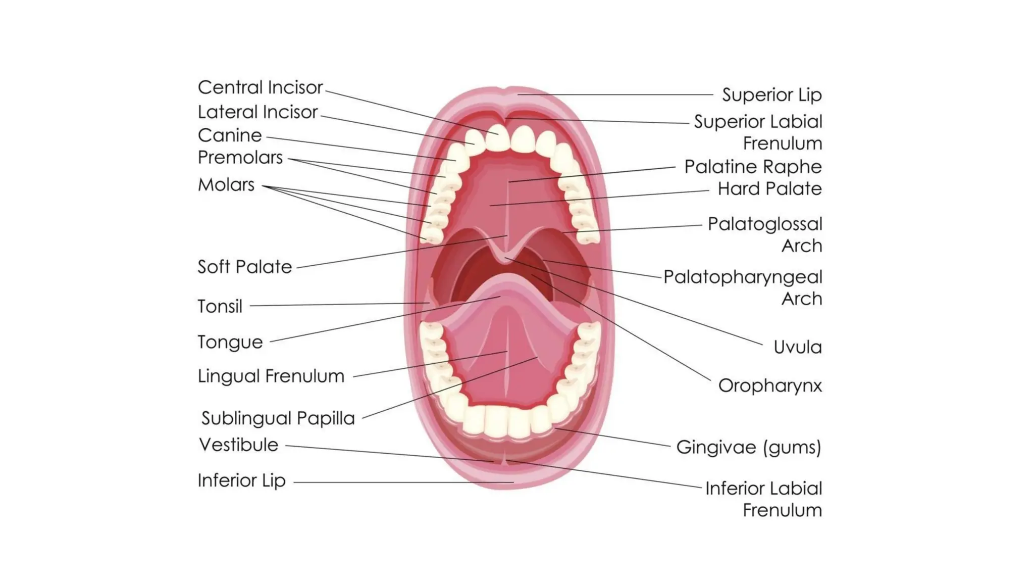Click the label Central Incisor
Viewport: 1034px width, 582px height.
pos(260,87)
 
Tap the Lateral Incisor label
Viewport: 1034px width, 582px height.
pos(257,112)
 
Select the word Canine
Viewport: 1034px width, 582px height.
pos(230,135)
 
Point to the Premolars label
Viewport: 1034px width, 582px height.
pos(240,158)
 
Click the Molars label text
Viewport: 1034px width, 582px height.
pos(226,185)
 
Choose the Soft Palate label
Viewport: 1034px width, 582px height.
pos(244,267)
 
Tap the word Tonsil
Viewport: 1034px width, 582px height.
pos(220,306)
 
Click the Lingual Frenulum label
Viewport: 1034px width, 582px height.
pos(271,376)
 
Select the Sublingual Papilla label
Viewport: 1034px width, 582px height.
pos(278,418)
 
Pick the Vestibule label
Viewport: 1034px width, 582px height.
pos(238,445)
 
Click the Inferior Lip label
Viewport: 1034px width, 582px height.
pos(241,480)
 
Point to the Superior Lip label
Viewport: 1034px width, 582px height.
pos(771,95)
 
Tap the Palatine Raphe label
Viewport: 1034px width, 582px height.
pos(753,167)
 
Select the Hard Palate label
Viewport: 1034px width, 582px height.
pos(769,189)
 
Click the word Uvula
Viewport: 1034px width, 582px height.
pos(797,347)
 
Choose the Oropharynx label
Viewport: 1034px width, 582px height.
pos(769,386)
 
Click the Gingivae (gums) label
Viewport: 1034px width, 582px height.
pos(748,447)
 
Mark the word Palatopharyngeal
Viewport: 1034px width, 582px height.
pos(742,277)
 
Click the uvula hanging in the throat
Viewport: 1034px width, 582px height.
pos(505,257)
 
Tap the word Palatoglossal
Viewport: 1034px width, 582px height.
pos(764,224)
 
